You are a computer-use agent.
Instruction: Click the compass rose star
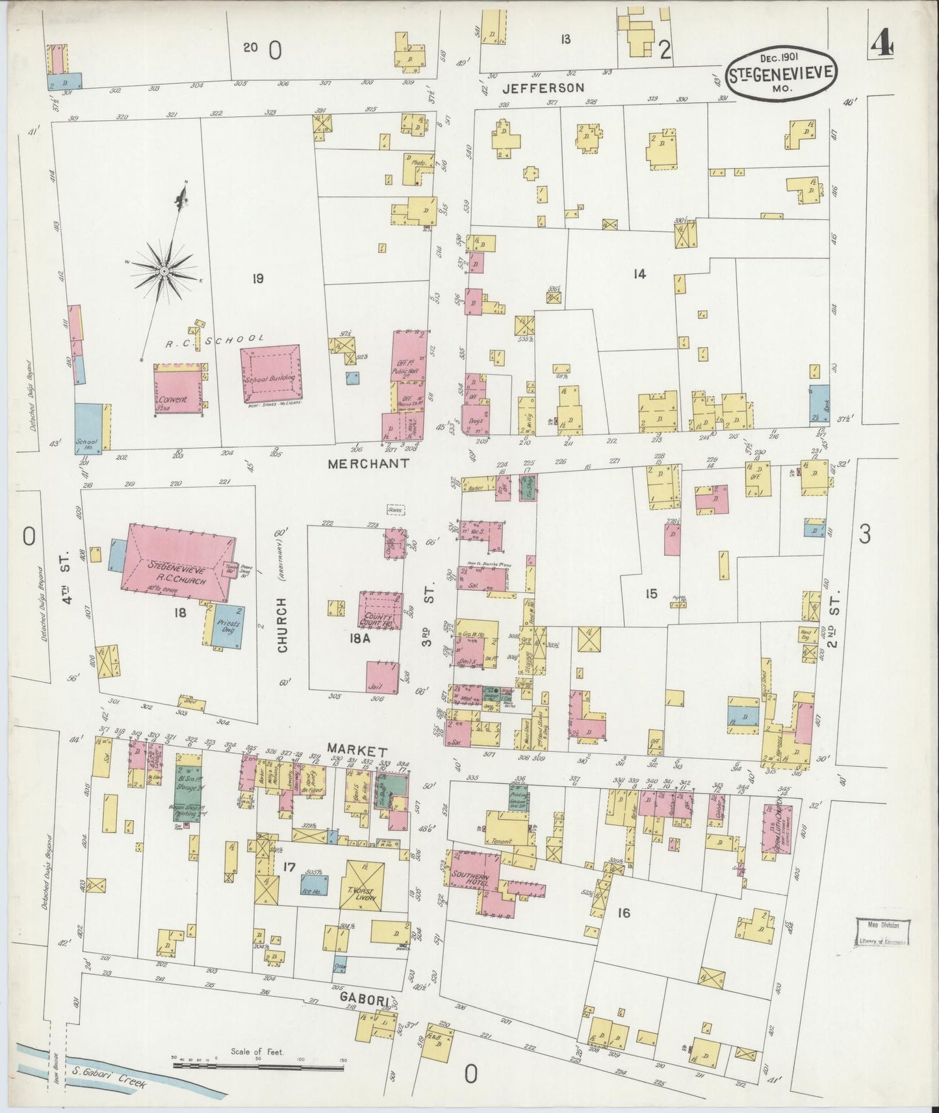point(164,270)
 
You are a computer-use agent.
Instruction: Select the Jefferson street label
point(545,87)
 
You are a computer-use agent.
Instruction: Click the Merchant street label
point(368,464)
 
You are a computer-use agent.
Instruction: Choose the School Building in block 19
point(270,372)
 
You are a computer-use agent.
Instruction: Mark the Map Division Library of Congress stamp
point(881,932)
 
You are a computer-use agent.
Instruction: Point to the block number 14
point(639,275)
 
